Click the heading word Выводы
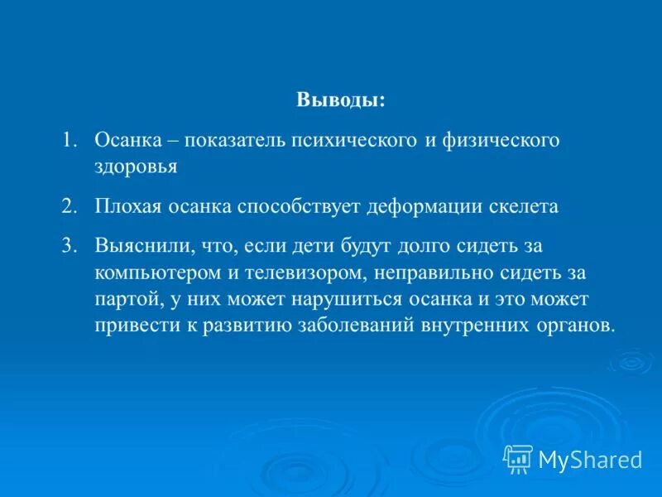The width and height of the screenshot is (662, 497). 340,101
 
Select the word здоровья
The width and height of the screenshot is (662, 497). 135,167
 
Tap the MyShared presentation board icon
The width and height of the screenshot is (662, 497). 518,458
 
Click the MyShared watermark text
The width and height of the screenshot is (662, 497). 590,458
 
